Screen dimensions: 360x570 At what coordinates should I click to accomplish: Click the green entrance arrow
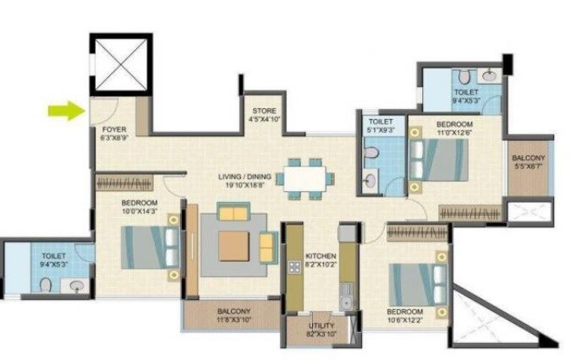tap(62, 109)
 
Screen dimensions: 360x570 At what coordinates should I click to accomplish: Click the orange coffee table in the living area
tap(233, 245)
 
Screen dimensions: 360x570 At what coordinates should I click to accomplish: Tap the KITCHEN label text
tap(321, 256)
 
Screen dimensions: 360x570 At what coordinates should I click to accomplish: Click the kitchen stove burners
tap(293, 268)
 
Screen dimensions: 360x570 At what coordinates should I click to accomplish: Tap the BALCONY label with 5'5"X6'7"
tap(528, 158)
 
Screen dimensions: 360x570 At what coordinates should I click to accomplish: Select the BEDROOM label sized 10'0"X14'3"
tap(140, 204)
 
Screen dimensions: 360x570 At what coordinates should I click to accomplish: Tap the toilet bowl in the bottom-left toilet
tap(46, 286)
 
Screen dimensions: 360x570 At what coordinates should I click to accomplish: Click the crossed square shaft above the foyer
tap(120, 64)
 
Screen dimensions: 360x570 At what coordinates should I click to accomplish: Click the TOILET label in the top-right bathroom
tap(466, 91)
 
